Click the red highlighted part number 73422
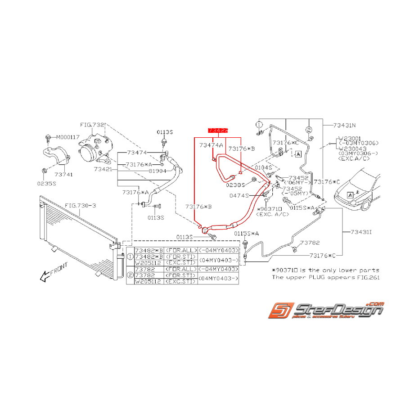coord(218,130)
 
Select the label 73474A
coord(212,145)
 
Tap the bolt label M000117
coord(66,137)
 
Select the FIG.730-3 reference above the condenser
coord(80,206)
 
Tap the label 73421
coord(104,169)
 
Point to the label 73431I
coord(361,232)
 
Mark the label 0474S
coord(239,196)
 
